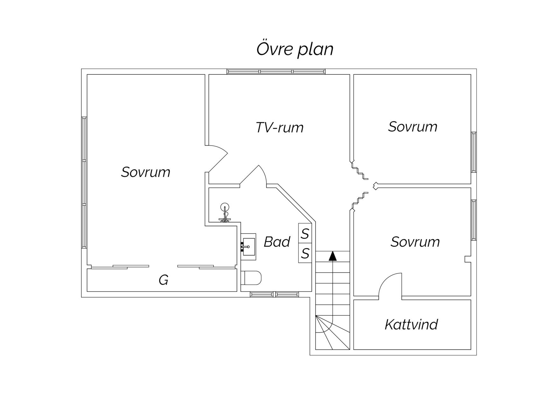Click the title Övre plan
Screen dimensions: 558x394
pos(295,49)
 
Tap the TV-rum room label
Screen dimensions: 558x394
pos(280,127)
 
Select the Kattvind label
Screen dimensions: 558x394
pos(411,324)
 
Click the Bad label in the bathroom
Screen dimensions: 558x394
pos(277,242)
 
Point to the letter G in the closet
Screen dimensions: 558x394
pos(164,280)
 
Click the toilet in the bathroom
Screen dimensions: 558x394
pos(251,278)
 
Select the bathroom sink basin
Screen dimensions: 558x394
pos(248,247)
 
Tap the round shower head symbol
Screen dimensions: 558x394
pos(225,207)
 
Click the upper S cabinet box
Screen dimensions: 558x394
pos(305,234)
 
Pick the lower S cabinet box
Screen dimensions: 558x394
pos(305,253)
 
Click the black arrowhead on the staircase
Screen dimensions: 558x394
pos(332,256)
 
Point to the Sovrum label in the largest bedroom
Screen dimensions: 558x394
pos(146,172)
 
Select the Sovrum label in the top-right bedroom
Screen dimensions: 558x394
pos(413,126)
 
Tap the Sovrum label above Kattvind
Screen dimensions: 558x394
pos(415,242)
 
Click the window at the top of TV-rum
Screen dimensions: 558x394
pos(276,71)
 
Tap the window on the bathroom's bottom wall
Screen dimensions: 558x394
pos(275,294)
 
